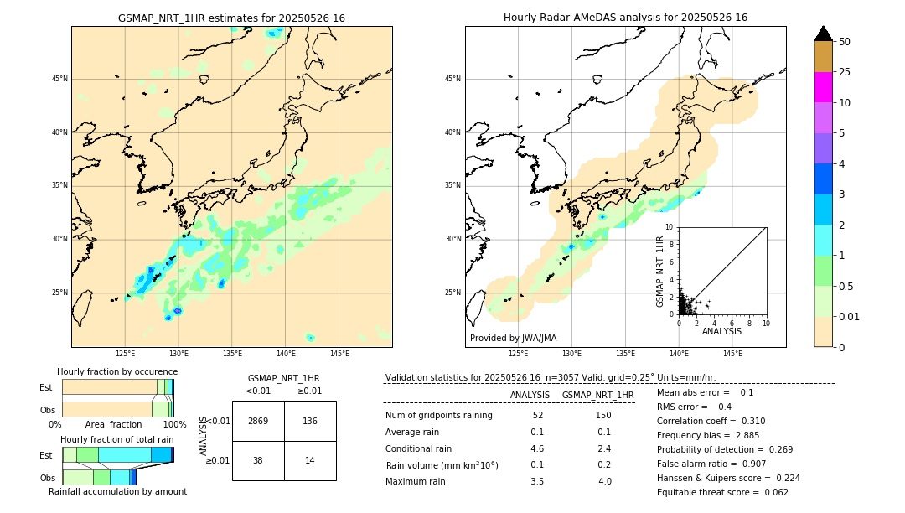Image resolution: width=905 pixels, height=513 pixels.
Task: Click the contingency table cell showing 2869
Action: (x=258, y=421)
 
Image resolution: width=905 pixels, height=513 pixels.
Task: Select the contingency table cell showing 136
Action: (x=310, y=421)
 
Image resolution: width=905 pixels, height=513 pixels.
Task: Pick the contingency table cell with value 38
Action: (x=258, y=460)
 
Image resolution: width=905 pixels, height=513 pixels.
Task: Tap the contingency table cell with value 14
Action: (x=310, y=460)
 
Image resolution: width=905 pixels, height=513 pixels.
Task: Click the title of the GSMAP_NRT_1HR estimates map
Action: (x=231, y=18)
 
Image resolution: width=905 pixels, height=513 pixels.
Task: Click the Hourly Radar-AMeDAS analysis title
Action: (x=625, y=18)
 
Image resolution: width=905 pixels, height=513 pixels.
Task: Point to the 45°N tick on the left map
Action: (x=59, y=79)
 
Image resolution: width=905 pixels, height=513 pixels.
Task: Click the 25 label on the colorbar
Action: (x=845, y=72)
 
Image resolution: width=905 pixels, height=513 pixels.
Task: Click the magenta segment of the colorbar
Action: (x=823, y=87)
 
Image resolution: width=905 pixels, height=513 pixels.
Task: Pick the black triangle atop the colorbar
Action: (x=823, y=34)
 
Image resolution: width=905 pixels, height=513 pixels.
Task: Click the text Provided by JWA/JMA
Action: (x=513, y=338)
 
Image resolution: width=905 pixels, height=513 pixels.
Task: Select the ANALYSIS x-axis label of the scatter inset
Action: (x=721, y=331)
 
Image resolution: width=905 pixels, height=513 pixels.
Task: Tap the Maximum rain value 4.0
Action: (x=605, y=481)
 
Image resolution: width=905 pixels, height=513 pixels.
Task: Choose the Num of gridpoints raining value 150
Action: (x=602, y=415)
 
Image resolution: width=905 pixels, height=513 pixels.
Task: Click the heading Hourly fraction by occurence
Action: (x=117, y=371)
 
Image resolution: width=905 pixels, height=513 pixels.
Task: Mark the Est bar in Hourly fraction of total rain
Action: (x=117, y=454)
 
